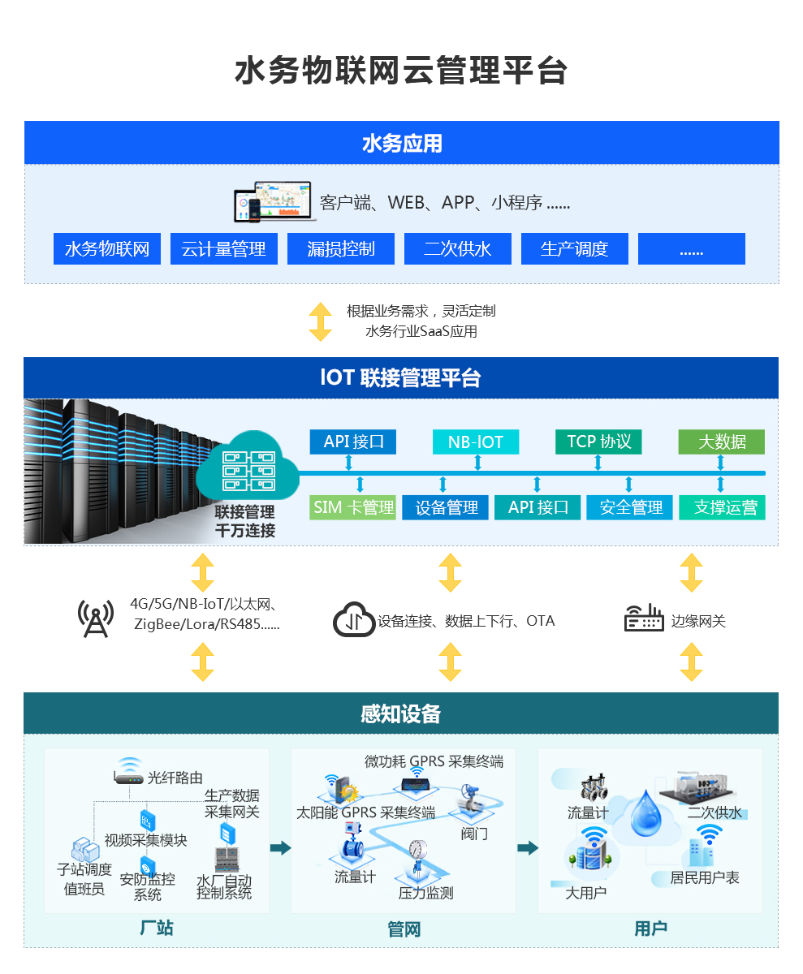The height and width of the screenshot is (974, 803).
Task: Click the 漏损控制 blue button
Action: (341, 249)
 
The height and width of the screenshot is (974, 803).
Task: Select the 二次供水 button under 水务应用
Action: (458, 249)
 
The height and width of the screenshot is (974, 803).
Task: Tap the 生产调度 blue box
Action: (574, 249)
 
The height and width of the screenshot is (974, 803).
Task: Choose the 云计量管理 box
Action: (224, 249)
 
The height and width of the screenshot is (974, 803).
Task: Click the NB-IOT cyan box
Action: (476, 442)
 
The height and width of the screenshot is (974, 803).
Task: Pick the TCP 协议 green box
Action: (598, 442)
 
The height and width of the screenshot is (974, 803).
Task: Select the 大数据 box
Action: (722, 442)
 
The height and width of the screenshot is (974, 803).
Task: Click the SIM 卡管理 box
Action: (353, 508)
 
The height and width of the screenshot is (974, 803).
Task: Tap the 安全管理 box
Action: (631, 508)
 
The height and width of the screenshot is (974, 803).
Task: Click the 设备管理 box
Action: (446, 508)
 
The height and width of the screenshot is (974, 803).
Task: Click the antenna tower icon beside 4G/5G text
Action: (96, 618)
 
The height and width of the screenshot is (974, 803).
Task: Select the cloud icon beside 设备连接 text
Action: (354, 620)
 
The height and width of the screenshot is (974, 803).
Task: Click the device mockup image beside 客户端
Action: (274, 201)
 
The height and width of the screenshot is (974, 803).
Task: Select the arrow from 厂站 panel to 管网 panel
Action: (280, 848)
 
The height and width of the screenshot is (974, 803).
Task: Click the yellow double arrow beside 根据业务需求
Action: (321, 321)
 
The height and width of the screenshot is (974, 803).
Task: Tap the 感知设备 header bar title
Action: (401, 713)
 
